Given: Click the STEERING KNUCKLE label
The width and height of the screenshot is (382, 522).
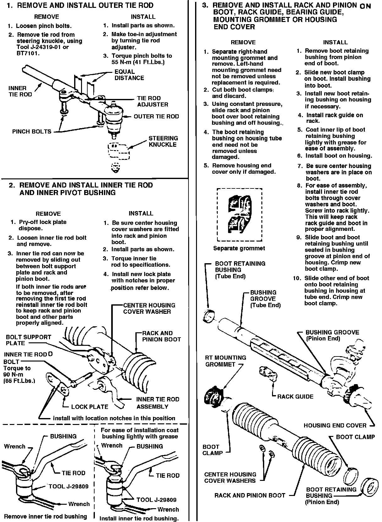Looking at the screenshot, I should pos(163,141).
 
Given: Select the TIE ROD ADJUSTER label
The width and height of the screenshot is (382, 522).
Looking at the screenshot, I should pos(153,101).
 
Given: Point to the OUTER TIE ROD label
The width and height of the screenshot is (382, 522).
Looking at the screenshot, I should pos(156,117).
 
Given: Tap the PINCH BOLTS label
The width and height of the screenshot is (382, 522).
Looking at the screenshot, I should pos(32,132).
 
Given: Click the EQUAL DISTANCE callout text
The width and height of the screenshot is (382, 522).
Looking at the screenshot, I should pos(129,75).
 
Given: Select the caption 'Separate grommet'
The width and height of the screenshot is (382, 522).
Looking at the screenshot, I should pos(239,248).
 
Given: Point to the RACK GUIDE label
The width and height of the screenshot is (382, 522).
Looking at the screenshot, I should pos(295,397).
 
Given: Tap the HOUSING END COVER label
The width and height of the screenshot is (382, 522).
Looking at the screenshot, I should pos(335,426).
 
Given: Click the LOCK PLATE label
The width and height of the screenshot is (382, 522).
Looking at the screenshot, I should pos(90,407).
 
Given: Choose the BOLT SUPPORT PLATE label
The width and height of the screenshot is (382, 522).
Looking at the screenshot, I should pos(29,340).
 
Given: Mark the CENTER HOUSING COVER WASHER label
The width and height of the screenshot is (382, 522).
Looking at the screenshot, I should pos(149,308).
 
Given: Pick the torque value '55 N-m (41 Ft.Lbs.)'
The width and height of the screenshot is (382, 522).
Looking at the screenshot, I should pos(138,62).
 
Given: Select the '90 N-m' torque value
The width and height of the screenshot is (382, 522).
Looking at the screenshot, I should pos(14,375).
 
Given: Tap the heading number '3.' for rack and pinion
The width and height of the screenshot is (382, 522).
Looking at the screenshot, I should pos(205,5).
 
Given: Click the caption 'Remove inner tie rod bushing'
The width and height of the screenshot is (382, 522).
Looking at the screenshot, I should pos(46,516).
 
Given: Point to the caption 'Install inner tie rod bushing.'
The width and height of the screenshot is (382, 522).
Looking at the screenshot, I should pos(139,519).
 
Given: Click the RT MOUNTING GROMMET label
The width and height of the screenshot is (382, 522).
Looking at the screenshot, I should pos(225,361).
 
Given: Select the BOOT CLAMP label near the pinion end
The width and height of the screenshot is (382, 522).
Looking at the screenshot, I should pos(355,437).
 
